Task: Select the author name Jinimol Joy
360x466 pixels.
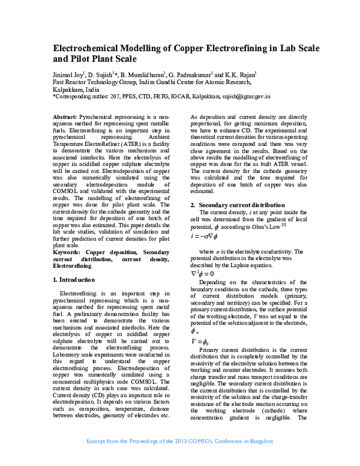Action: click(x=70, y=74)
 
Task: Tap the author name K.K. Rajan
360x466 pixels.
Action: click(x=238, y=74)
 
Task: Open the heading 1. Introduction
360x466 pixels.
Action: click(x=73, y=280)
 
